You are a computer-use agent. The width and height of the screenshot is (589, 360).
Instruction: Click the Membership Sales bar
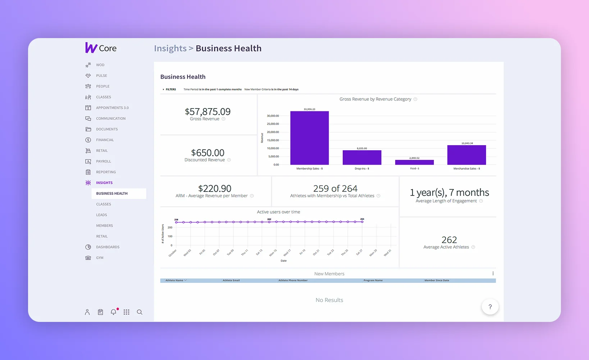pyautogui.click(x=309, y=138)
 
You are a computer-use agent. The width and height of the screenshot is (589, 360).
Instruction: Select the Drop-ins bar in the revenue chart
pyautogui.click(x=362, y=157)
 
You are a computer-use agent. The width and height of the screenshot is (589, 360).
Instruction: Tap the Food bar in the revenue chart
pyautogui.click(x=414, y=162)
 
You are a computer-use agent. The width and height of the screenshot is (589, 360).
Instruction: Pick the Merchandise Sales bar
pyautogui.click(x=466, y=155)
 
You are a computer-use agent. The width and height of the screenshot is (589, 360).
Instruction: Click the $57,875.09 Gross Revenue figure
pyautogui.click(x=207, y=112)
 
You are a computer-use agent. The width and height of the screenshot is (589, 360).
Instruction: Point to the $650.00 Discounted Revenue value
pyautogui.click(x=207, y=153)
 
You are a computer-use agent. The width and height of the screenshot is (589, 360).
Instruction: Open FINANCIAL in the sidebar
pyautogui.click(x=105, y=140)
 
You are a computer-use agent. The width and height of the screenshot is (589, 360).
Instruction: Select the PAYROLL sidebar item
pyautogui.click(x=103, y=161)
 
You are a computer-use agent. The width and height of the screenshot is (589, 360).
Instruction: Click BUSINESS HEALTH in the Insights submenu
pyautogui.click(x=112, y=193)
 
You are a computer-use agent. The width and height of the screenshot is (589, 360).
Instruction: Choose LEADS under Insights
pyautogui.click(x=101, y=215)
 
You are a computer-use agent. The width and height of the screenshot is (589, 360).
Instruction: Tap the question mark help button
pyautogui.click(x=490, y=307)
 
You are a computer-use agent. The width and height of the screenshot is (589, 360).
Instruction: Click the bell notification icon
pyautogui.click(x=113, y=312)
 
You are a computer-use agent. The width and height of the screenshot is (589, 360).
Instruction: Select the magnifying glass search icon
pyautogui.click(x=140, y=312)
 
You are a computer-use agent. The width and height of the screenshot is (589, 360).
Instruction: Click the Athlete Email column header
pyautogui.click(x=231, y=280)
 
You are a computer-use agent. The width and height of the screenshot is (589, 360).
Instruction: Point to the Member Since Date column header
pyautogui.click(x=437, y=280)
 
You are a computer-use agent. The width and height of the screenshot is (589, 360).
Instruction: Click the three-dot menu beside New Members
pyautogui.click(x=493, y=273)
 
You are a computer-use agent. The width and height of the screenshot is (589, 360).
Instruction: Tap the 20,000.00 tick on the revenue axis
pyautogui.click(x=273, y=132)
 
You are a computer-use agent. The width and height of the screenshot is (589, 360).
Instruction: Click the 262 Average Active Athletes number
pyautogui.click(x=449, y=240)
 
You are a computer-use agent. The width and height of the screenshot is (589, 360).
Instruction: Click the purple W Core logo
pyautogui.click(x=101, y=48)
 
